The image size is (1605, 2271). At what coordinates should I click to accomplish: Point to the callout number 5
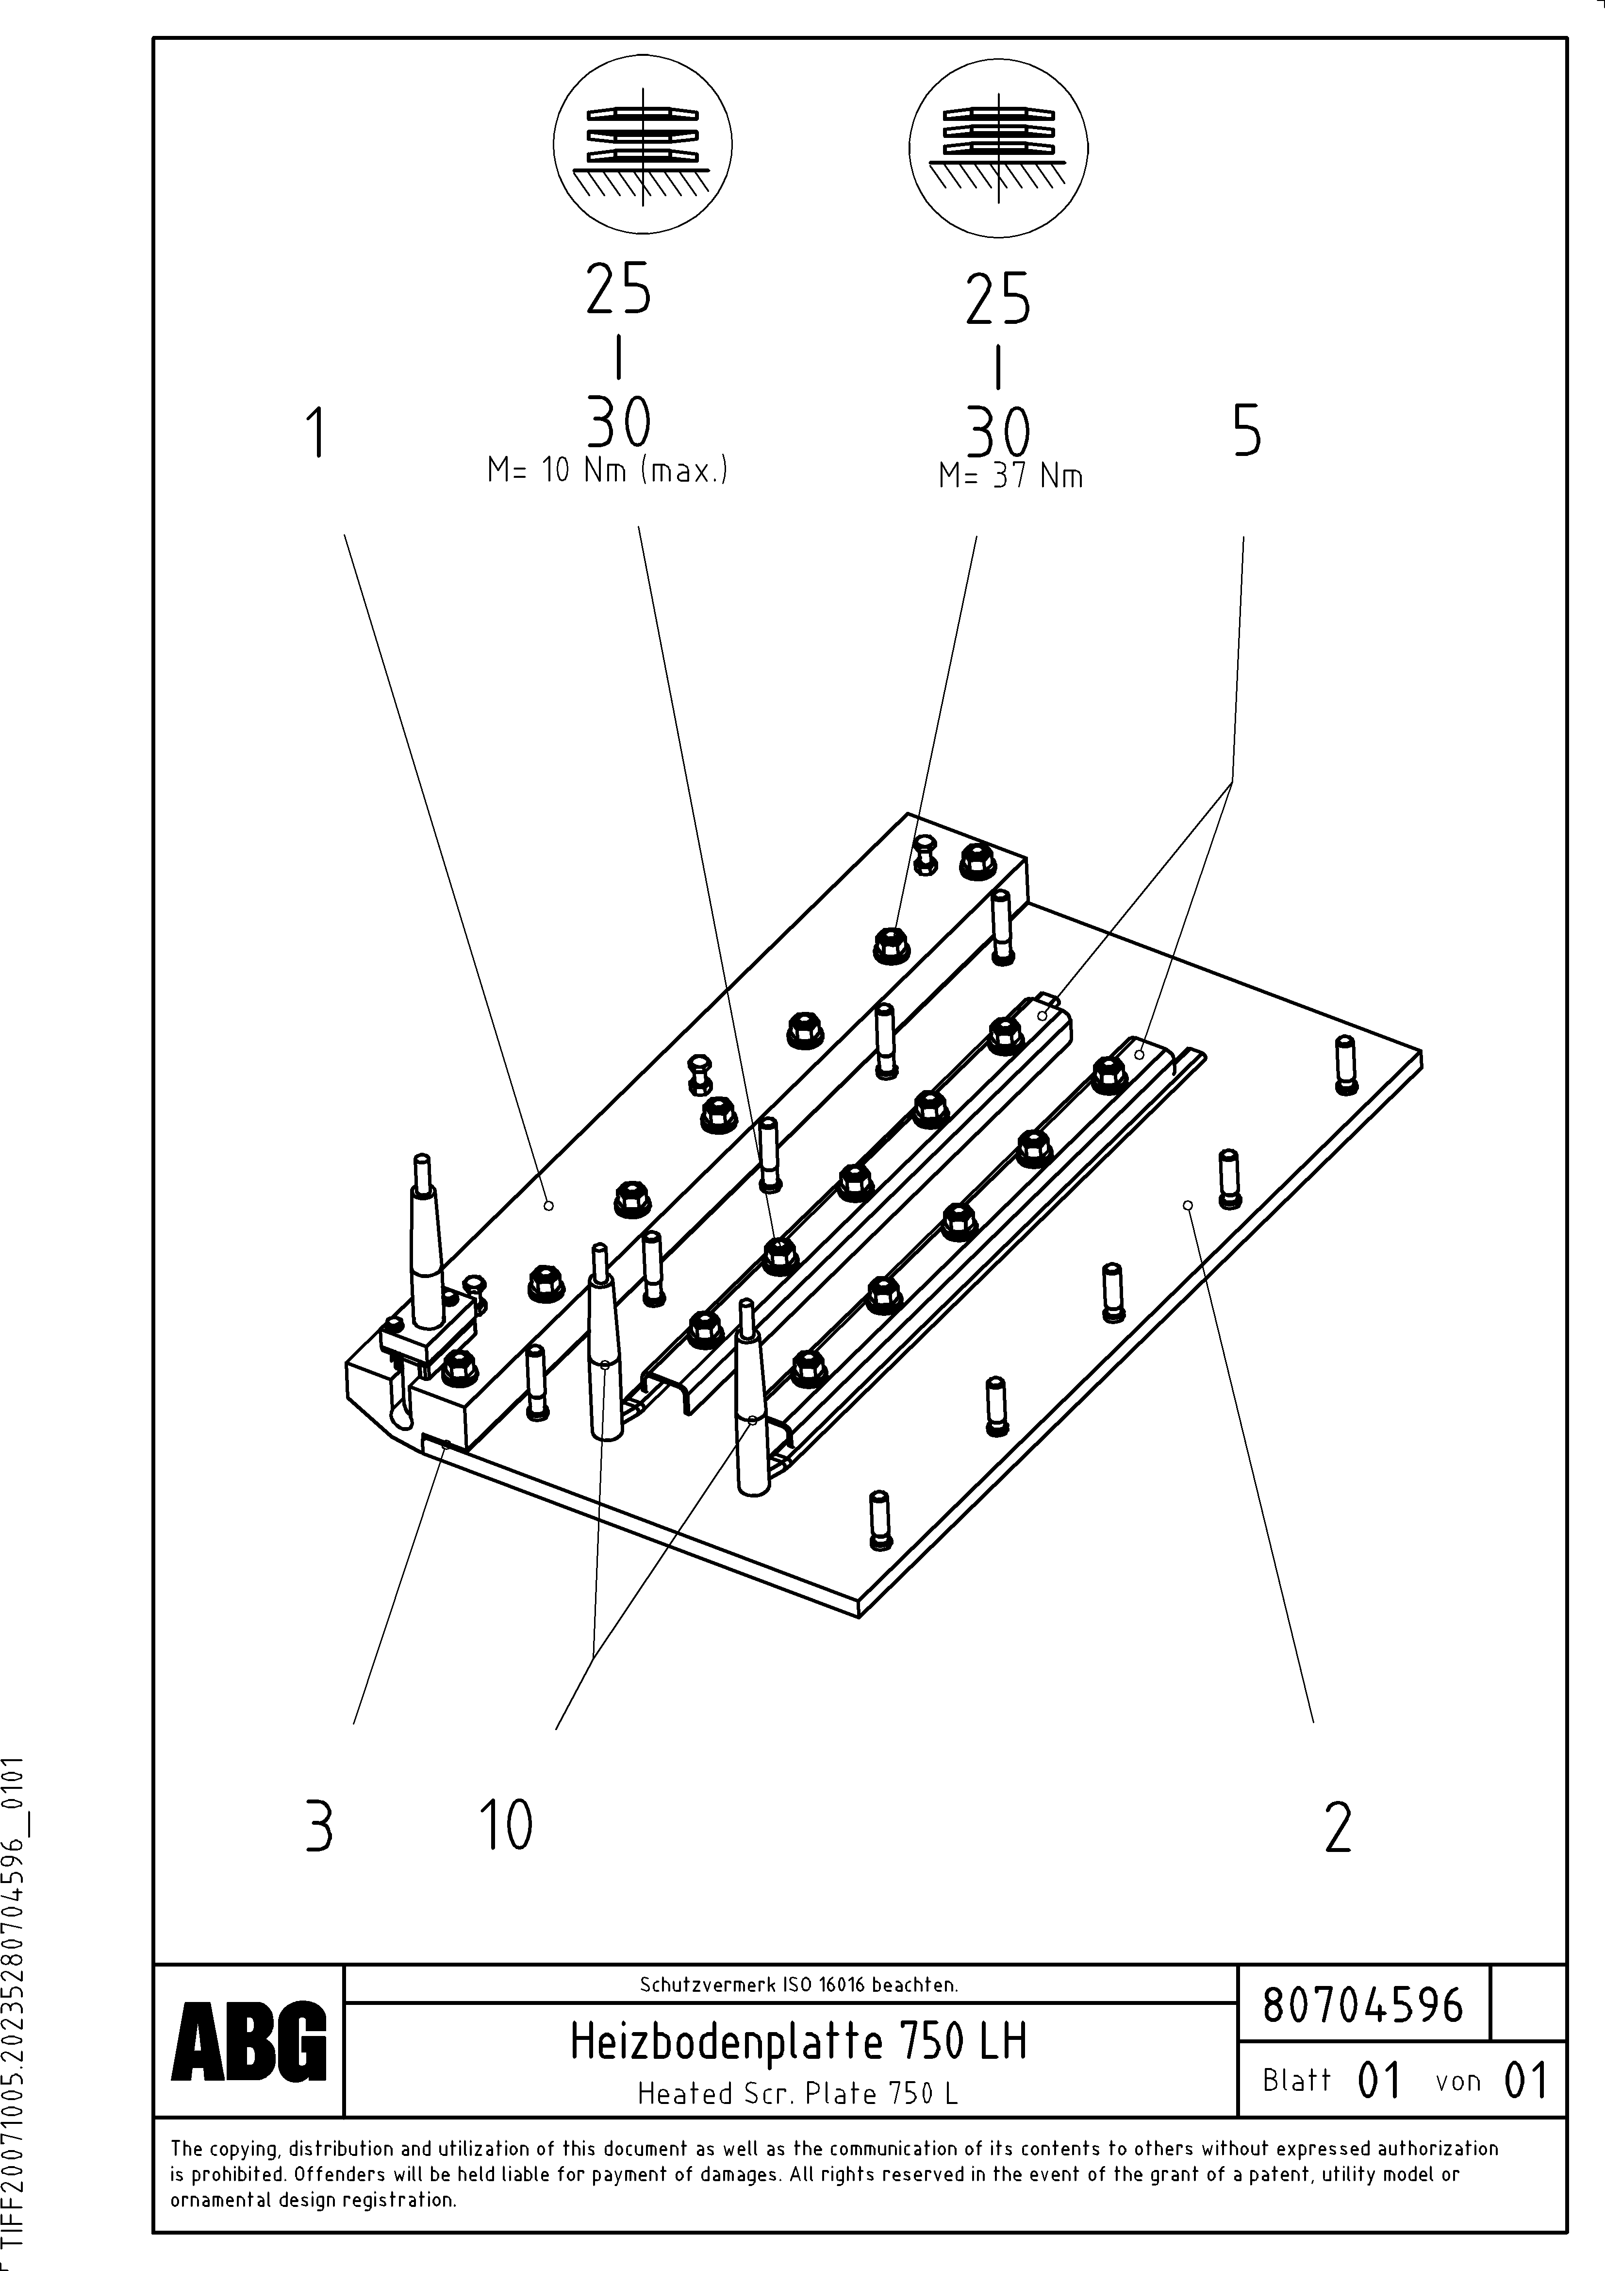click(1247, 431)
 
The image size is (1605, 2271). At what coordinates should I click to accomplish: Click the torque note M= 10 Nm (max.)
click(607, 471)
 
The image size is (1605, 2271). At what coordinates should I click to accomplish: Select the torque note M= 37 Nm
click(1010, 477)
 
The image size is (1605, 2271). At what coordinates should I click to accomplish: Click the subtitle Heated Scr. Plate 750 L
click(798, 2094)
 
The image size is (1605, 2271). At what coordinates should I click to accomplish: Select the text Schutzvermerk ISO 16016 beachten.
click(798, 1984)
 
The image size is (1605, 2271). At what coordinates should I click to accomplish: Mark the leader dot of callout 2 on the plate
click(1188, 1205)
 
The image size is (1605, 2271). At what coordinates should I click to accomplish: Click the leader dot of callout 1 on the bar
click(549, 1206)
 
